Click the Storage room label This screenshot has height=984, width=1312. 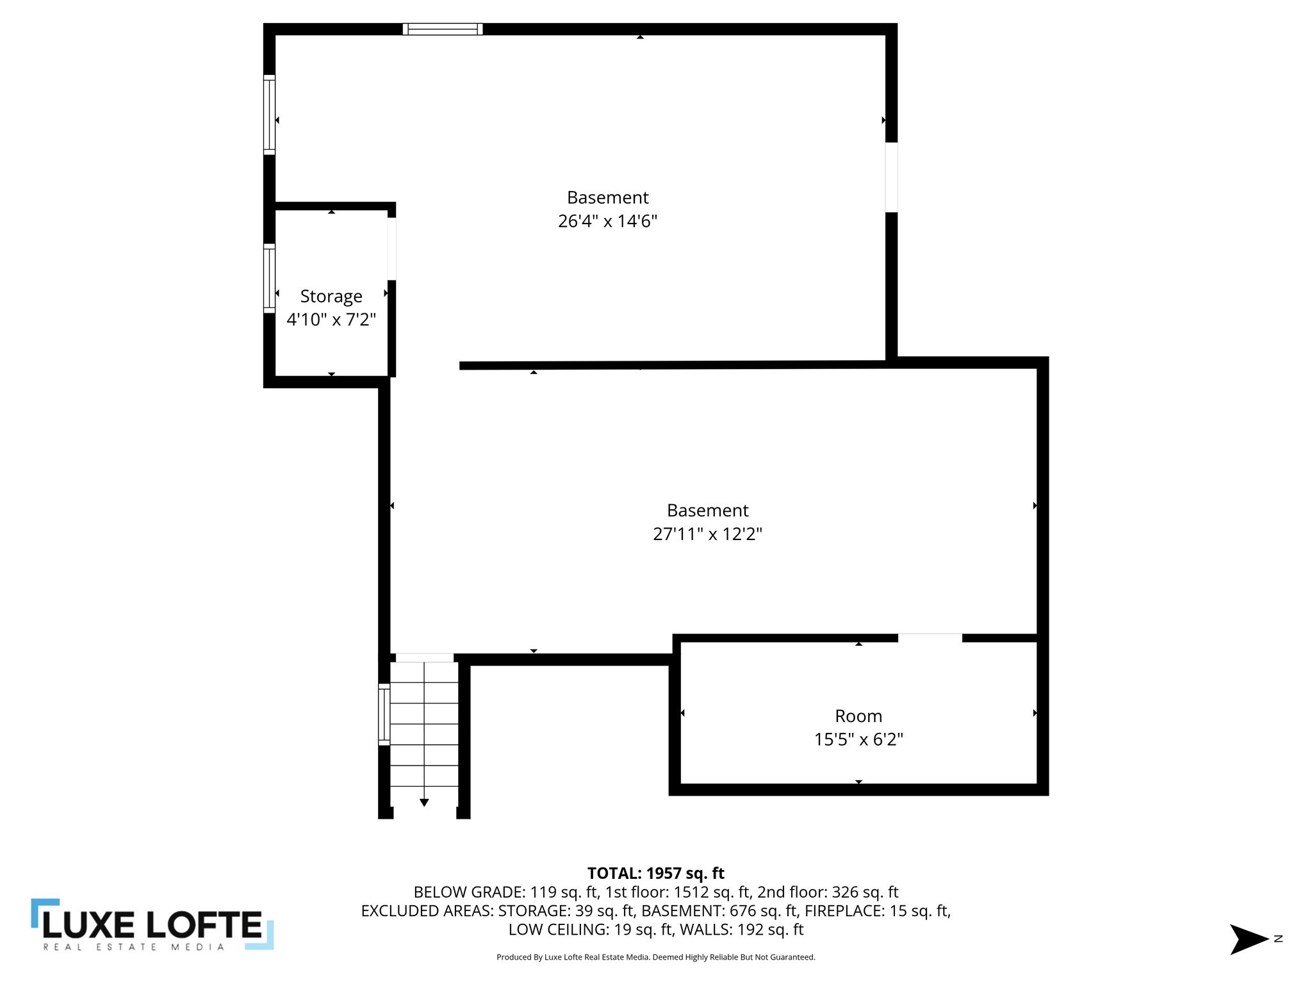tap(331, 296)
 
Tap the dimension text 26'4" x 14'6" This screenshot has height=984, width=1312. tap(607, 221)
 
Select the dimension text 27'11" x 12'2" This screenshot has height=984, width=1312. tap(707, 534)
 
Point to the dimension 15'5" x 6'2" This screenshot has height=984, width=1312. tap(858, 739)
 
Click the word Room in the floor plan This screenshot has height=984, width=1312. tap(858, 716)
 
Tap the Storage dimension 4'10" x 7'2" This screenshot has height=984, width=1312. tap(331, 319)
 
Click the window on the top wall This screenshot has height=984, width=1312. tap(443, 29)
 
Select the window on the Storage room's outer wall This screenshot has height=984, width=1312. tap(270, 278)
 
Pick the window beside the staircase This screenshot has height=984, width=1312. tap(384, 714)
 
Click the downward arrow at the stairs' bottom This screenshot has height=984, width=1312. tap(424, 802)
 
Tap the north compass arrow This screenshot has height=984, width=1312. tap(1249, 939)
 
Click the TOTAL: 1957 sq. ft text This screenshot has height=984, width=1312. tap(655, 873)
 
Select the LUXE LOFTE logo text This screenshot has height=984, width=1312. tap(152, 924)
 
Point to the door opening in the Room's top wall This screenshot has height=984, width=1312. tap(930, 637)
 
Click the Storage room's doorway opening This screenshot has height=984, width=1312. tap(391, 249)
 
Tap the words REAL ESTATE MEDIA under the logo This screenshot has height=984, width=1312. tap(134, 947)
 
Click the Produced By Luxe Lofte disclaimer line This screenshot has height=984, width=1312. tap(655, 957)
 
